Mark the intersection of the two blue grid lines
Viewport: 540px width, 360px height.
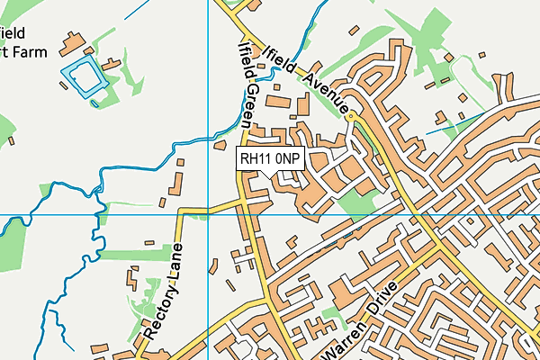pyautogui.click(x=208, y=215)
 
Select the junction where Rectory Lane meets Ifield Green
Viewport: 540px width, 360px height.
pyautogui.click(x=243, y=206)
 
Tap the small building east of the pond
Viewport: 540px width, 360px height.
pyautogui.click(x=112, y=65)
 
